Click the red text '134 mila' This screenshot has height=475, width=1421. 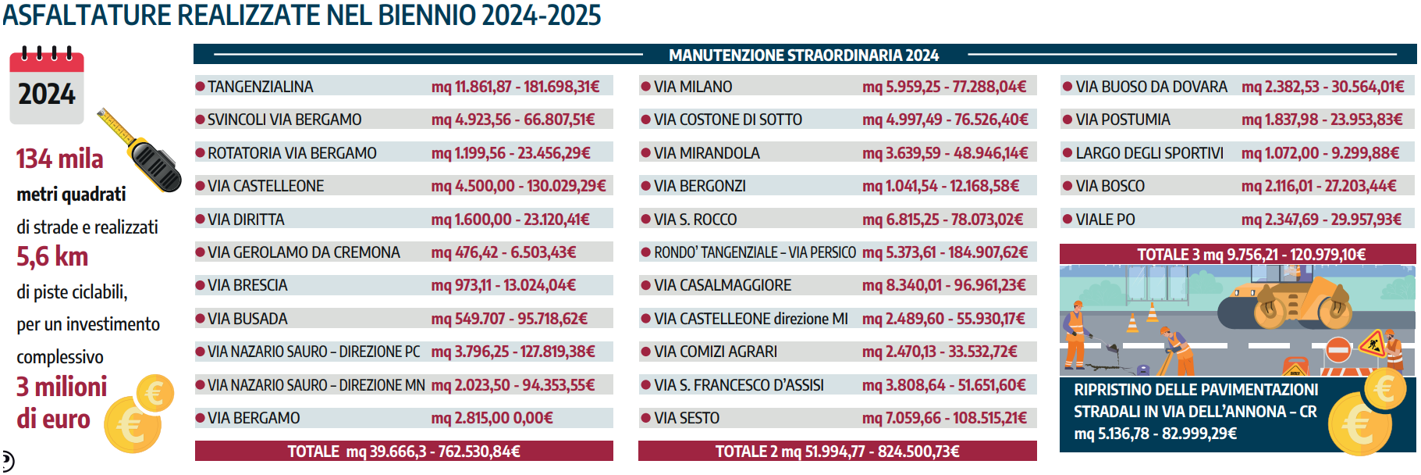[x=60, y=159]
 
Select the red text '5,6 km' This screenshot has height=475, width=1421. [x=52, y=257]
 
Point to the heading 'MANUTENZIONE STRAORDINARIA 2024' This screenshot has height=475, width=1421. [x=804, y=55]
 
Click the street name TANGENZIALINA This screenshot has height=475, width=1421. [x=260, y=87]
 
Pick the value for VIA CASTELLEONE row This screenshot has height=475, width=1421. [x=518, y=186]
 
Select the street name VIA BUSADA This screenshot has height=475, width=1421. [x=247, y=319]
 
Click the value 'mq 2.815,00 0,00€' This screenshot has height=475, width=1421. [x=492, y=418]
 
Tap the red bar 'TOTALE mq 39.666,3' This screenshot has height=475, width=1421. [x=403, y=452]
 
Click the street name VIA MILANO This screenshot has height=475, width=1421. [x=693, y=87]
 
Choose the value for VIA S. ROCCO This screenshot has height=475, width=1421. [x=943, y=220]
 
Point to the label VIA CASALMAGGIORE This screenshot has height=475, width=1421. [x=723, y=285]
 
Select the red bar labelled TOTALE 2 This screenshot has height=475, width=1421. [x=837, y=452]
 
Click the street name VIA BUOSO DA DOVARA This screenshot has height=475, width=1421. [x=1151, y=87]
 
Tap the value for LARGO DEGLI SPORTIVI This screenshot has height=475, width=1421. [x=1320, y=153]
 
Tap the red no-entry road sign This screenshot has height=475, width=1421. [x=1338, y=350]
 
